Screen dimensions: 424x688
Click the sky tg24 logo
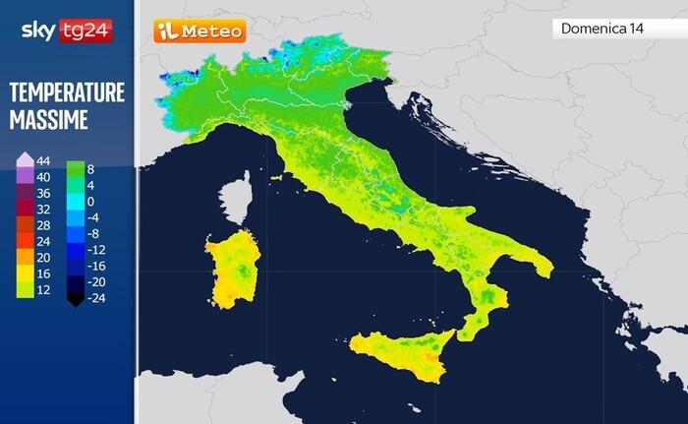[66, 30]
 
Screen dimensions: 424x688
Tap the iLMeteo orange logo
[200, 31]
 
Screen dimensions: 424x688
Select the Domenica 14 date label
[602, 29]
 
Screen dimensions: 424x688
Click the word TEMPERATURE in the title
[67, 93]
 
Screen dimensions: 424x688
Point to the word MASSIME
[49, 121]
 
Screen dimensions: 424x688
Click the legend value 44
[43, 160]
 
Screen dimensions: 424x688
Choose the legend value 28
[43, 225]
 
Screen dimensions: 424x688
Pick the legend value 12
[43, 290]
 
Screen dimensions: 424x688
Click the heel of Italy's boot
[536, 264]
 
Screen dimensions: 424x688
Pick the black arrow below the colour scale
[74, 300]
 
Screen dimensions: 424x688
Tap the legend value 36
[43, 193]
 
